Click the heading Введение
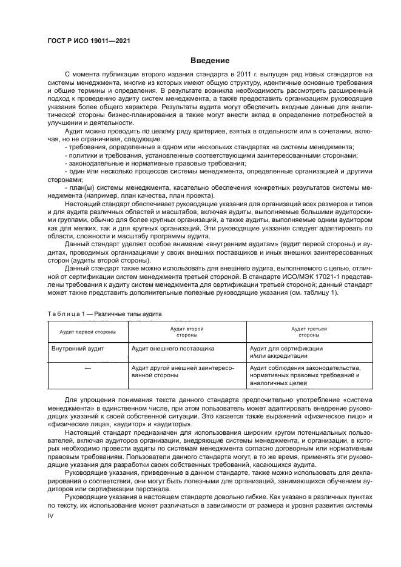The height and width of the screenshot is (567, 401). click(x=209, y=61)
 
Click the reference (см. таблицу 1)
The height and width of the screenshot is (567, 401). click(x=313, y=293)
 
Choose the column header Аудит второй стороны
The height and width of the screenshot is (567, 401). click(x=186, y=331)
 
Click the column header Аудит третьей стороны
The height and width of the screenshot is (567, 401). click(x=309, y=331)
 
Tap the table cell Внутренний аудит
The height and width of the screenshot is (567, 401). click(x=70, y=349)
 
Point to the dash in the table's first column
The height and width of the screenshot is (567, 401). click(x=87, y=367)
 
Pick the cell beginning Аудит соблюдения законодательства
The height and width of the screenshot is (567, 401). click(x=305, y=375)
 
